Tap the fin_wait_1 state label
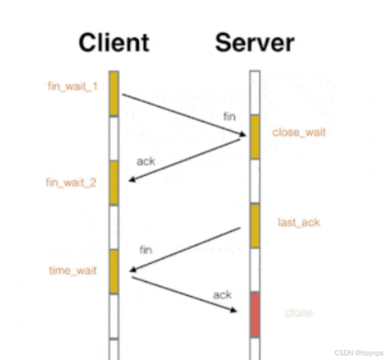(x=73, y=85)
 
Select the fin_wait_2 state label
(x=71, y=182)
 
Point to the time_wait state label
(x=73, y=270)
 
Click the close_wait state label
(x=299, y=132)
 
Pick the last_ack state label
(x=299, y=222)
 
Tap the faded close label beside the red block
(x=299, y=312)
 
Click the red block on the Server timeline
(x=255, y=313)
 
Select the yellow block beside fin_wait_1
(x=113, y=93)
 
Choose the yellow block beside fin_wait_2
(x=113, y=182)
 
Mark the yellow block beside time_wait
(x=113, y=271)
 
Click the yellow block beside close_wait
(x=255, y=137)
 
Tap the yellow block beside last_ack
(x=255, y=226)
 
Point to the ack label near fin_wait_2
(x=145, y=161)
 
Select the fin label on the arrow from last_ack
(x=146, y=250)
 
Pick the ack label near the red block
(x=222, y=295)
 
